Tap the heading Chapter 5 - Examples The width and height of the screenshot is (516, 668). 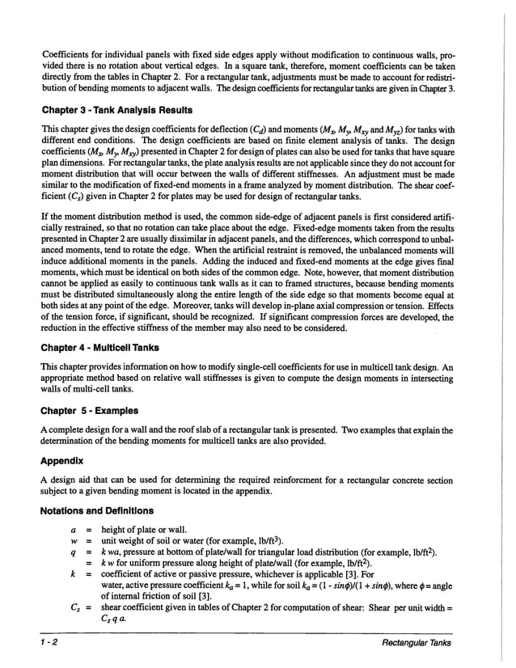[90, 411]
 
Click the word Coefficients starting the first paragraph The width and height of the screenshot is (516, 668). [71, 56]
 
